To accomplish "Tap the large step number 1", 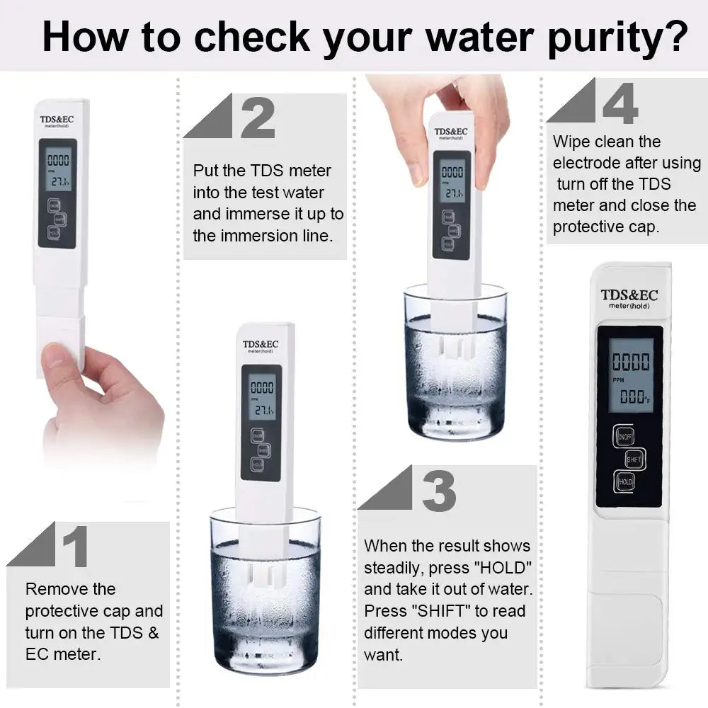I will tap(75, 546).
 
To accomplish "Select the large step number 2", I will tap(257, 118).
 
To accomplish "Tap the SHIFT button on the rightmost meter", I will tap(634, 459).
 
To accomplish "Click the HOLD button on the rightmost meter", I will tap(624, 482).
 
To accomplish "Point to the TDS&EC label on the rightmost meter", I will tap(629, 295).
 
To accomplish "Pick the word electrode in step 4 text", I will tap(587, 163).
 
